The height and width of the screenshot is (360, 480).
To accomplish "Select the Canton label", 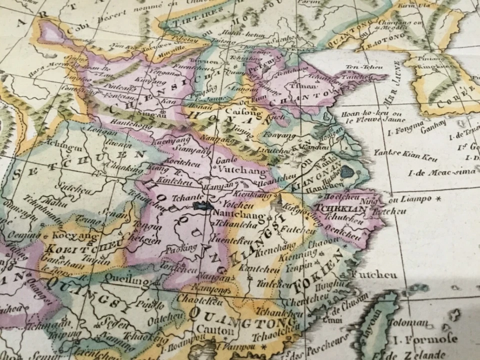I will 214,330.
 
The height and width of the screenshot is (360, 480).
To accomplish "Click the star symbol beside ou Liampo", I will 438,198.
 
